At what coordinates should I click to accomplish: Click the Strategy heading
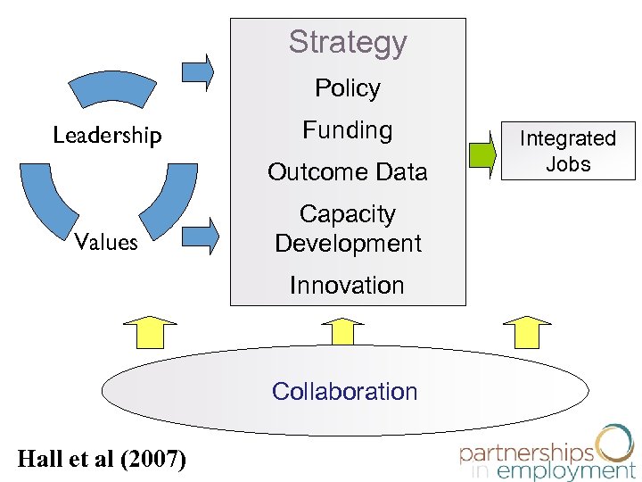tap(348, 42)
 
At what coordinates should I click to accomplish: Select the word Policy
tap(348, 88)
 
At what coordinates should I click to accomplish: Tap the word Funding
tap(348, 130)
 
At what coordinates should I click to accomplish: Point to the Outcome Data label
tap(348, 171)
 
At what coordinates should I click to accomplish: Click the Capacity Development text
tap(348, 229)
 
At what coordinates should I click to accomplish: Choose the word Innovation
tap(348, 286)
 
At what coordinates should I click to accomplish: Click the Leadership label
tap(107, 136)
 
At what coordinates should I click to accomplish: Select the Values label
tap(106, 242)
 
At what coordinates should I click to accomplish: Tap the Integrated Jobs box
tap(568, 151)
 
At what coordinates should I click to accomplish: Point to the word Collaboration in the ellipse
tap(344, 391)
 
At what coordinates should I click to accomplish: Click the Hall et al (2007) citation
tap(102, 459)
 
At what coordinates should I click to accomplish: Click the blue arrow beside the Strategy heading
tap(198, 71)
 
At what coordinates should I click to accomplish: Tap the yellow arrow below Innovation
tap(344, 329)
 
